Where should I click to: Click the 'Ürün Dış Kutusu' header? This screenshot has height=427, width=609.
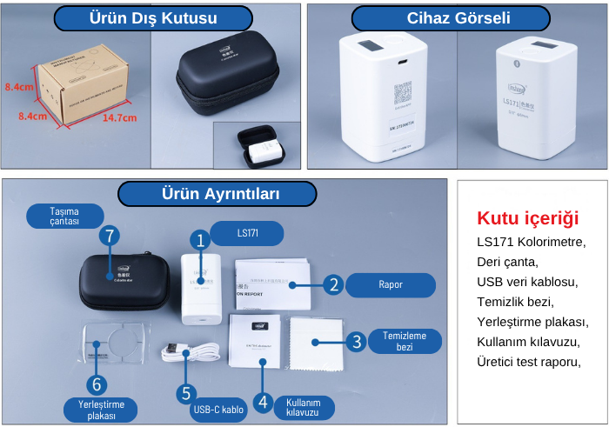coord(153,18)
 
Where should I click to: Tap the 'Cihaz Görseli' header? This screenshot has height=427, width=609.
coord(451,18)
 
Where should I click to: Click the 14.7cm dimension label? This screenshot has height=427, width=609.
coord(119,118)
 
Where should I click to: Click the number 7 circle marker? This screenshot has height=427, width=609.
coord(109,236)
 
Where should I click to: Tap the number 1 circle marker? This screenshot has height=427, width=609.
coord(200,240)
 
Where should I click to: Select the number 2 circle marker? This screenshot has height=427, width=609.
coord(332,284)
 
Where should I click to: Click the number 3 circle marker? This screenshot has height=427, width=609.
coord(355,342)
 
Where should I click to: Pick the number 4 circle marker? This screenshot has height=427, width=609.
coord(263,401)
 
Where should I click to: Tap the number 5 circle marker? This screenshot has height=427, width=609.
coord(184,393)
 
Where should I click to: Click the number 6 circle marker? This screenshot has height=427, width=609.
coord(97,384)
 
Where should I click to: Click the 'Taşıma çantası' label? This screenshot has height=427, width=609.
coord(64,216)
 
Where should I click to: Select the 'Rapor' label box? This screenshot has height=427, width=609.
coord(391,284)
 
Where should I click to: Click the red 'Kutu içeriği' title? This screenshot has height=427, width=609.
coord(527,218)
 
